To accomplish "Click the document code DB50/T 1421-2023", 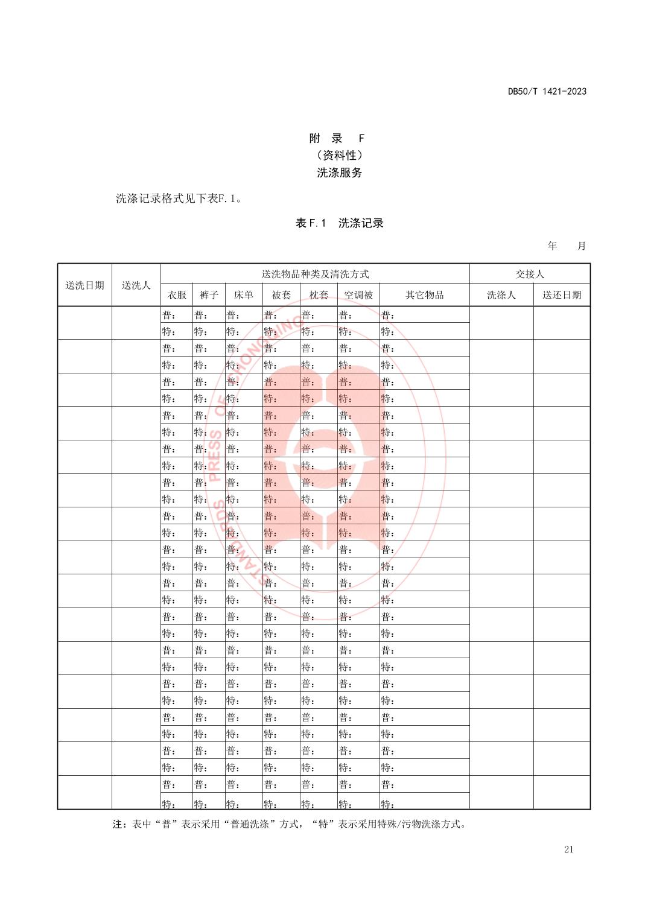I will [x=547, y=92].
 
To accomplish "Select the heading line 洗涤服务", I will [x=340, y=173].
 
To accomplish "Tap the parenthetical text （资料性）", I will [x=339, y=156].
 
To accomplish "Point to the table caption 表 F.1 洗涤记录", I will [x=339, y=223].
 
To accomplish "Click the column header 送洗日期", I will [x=84, y=285].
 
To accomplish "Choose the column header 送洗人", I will [x=136, y=285].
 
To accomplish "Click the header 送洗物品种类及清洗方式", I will [x=314, y=274].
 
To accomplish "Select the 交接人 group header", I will [x=529, y=274].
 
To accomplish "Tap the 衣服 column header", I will [x=177, y=295].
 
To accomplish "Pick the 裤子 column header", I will [x=209, y=295].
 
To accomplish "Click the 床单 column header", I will [x=243, y=295].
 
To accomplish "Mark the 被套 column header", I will [x=281, y=295].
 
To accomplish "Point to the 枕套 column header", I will [x=319, y=295].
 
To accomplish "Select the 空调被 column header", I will [x=358, y=295].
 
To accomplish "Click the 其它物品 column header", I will [x=424, y=295].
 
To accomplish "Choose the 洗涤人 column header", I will [x=501, y=295].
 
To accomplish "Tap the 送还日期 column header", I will [x=561, y=295].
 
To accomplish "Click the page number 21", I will [x=568, y=849].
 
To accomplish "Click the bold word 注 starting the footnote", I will [x=117, y=824].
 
